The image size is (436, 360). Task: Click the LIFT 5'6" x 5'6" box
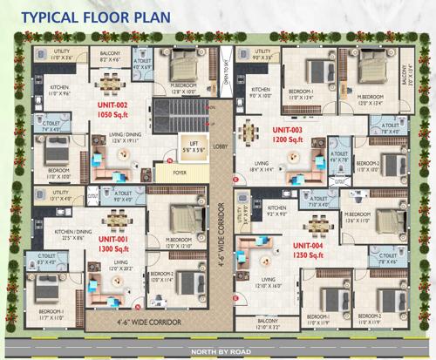pyautogui.click(x=190, y=146)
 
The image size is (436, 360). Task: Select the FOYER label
pyautogui.click(x=180, y=172)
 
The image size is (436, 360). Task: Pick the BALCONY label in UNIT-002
pyautogui.click(x=111, y=54)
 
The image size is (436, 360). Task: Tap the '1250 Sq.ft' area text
pyautogui.click(x=310, y=255)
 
